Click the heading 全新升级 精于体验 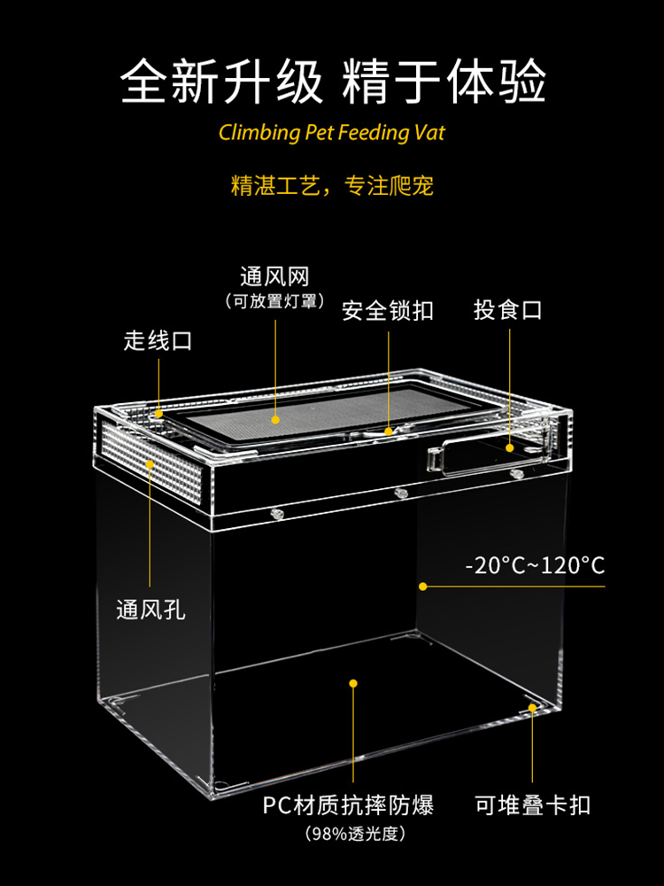[332, 82]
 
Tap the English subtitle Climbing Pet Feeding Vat [332, 134]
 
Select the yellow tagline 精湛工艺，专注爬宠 [332, 186]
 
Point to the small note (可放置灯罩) [274, 302]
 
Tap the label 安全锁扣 [388, 311]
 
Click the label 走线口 [158, 341]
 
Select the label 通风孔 [151, 610]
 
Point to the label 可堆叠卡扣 [532, 805]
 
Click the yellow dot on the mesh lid [275, 419]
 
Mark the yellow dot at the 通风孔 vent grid [151, 463]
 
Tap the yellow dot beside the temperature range [423, 586]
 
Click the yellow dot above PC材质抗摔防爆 [353, 683]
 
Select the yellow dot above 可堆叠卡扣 [532, 707]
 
